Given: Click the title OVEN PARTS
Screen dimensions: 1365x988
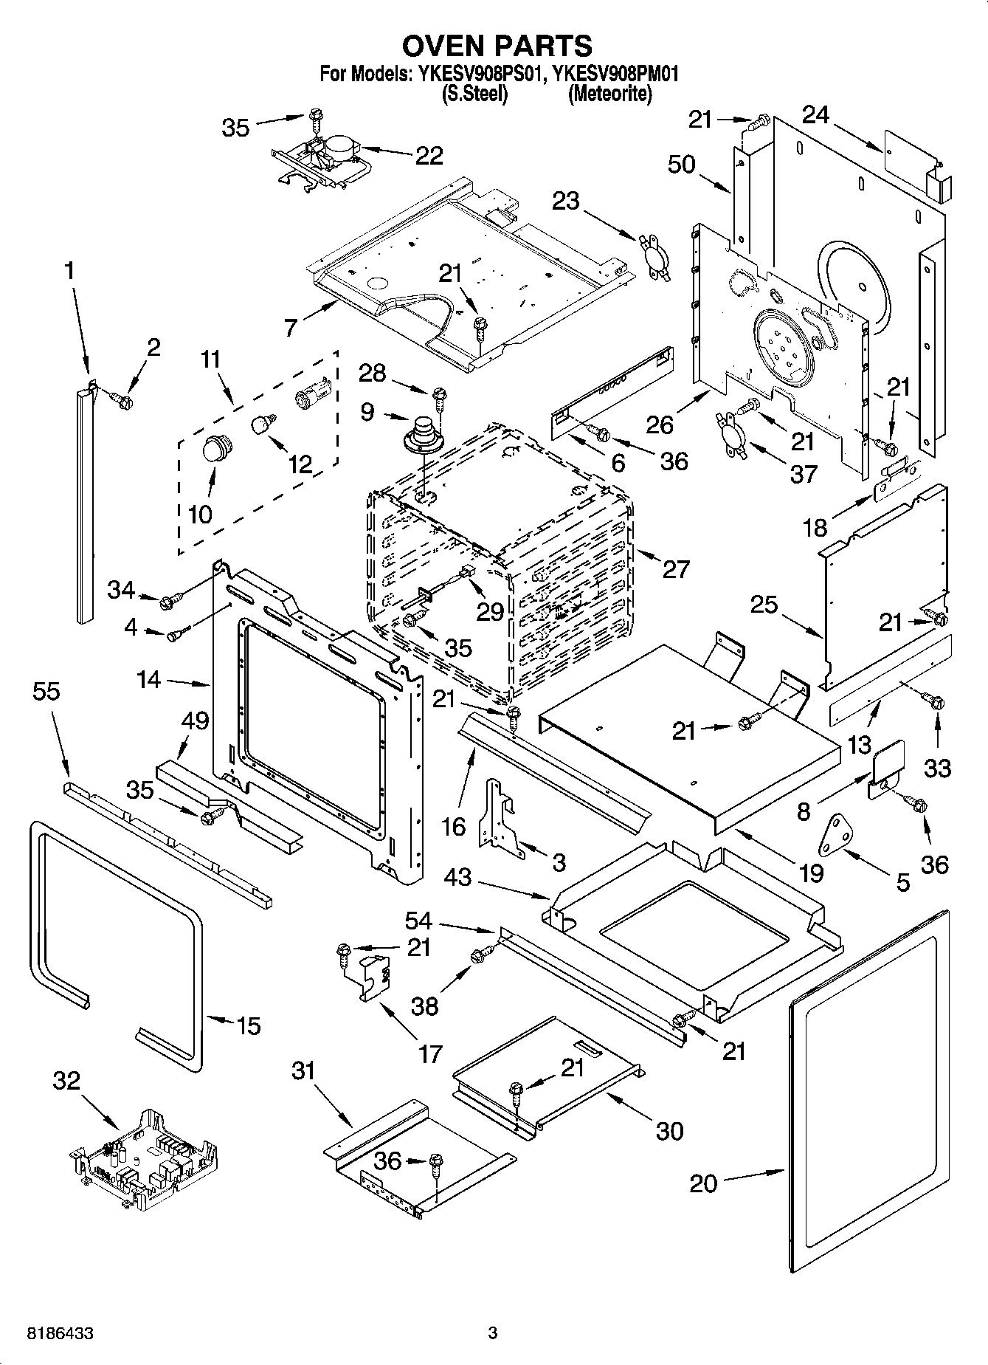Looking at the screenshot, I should [496, 46].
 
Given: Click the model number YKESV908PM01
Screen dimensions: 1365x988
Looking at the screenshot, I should [615, 74].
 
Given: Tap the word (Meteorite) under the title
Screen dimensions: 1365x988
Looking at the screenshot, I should [609, 94].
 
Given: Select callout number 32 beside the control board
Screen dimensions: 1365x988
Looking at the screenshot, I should [66, 1081].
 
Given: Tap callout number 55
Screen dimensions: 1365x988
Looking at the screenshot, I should [46, 692].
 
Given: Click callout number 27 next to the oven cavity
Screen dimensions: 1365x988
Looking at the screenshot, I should [676, 569].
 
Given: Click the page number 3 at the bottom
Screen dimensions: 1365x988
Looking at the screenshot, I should [493, 1333].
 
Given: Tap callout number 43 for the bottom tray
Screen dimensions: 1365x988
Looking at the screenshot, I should [460, 877].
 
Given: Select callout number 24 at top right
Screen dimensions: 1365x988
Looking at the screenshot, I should [815, 115].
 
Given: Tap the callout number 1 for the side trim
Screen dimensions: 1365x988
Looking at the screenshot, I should [69, 271].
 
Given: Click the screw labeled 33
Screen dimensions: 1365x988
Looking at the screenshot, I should [936, 703].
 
